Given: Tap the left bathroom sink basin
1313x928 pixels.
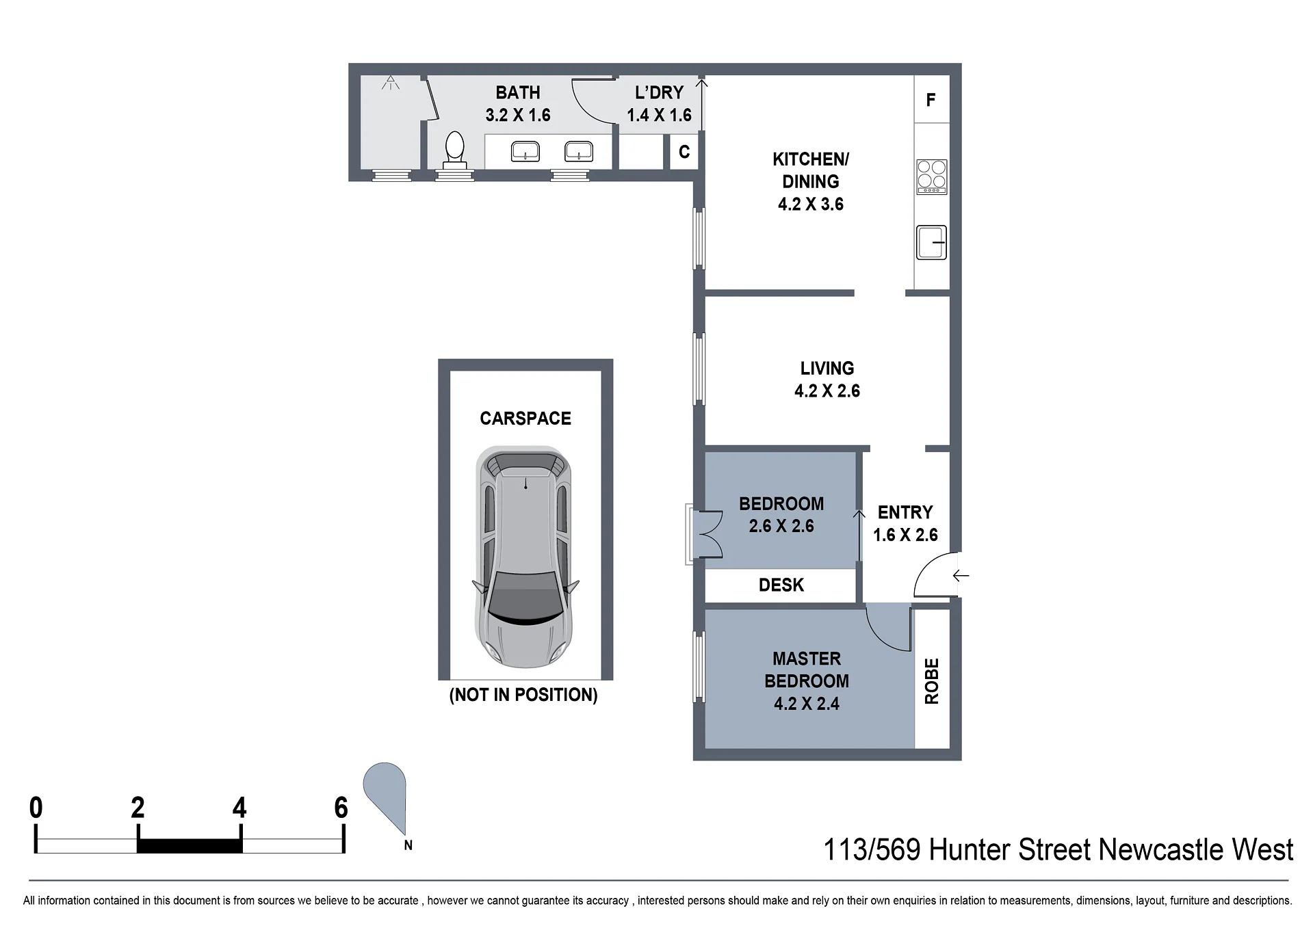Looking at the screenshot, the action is pyautogui.click(x=525, y=151).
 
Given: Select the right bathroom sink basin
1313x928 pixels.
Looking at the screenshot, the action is pyautogui.click(x=579, y=151).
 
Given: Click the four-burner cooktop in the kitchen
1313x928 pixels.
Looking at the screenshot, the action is pyautogui.click(x=931, y=176).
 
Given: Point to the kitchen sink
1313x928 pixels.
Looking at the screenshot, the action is pyautogui.click(x=931, y=242).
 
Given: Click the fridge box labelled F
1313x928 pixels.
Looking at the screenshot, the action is pyautogui.click(x=931, y=100).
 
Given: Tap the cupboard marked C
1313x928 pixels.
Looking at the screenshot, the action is pyautogui.click(x=684, y=152).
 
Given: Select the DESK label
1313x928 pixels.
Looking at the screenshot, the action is pyautogui.click(x=781, y=585).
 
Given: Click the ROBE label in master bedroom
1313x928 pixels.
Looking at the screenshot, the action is pyautogui.click(x=932, y=681).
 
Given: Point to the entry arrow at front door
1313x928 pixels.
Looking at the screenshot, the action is pyautogui.click(x=961, y=576).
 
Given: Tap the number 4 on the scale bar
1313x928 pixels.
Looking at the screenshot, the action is pyautogui.click(x=239, y=808).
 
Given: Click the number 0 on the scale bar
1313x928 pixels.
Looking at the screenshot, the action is pyautogui.click(x=36, y=808).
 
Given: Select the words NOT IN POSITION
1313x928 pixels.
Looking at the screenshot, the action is pyautogui.click(x=523, y=695).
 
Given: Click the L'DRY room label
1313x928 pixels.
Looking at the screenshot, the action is pyautogui.click(x=660, y=92).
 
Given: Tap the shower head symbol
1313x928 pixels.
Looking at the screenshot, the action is pyautogui.click(x=391, y=83).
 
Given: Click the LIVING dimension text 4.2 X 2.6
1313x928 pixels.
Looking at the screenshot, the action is pyautogui.click(x=827, y=391).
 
